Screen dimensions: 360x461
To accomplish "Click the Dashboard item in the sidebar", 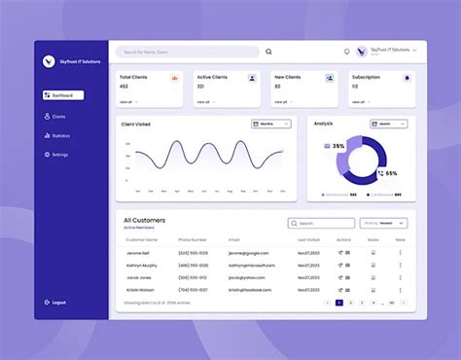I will pos(63,95).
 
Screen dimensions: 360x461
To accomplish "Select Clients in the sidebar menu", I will pos(58,116).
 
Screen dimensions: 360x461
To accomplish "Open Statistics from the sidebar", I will pos(60,135).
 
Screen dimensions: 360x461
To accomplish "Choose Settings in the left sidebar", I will pos(59,155).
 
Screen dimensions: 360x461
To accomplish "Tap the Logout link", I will pos(58,303).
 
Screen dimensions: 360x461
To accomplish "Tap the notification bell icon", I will pos(347,52).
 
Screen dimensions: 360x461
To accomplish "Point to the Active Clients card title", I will pos(213,77).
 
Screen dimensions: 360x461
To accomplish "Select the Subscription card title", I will pos(367,77).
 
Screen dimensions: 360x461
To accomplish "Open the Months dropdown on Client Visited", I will pos(270,125).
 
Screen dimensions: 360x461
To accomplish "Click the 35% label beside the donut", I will pos(337,146).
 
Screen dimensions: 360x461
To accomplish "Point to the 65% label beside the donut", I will pos(391,173).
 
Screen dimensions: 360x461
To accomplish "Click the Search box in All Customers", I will pos(321,223).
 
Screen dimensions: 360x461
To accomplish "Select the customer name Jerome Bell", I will pos(137,253).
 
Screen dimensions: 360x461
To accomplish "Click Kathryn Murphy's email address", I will pos(252,265).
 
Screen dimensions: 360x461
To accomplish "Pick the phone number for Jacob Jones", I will pos(193,277).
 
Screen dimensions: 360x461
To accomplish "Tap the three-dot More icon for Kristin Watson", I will pos(400,289).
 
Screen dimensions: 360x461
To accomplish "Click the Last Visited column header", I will pos(308,239).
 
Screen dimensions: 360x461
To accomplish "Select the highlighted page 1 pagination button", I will pos(338,303).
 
